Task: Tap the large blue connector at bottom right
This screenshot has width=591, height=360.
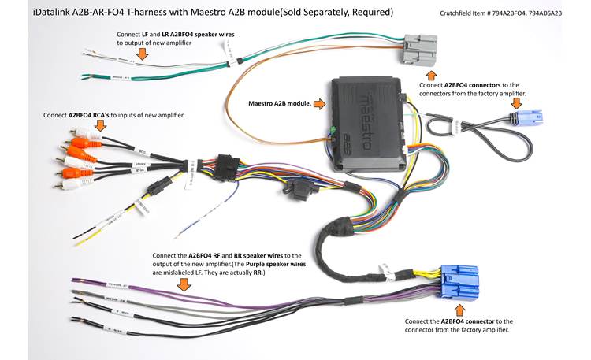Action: click(461, 287)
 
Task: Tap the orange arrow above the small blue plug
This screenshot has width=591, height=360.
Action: click(516, 102)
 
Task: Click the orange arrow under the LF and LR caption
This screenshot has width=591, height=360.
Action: click(142, 54)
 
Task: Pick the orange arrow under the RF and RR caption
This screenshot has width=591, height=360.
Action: click(184, 282)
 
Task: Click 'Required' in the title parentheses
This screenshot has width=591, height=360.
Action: click(370, 13)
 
